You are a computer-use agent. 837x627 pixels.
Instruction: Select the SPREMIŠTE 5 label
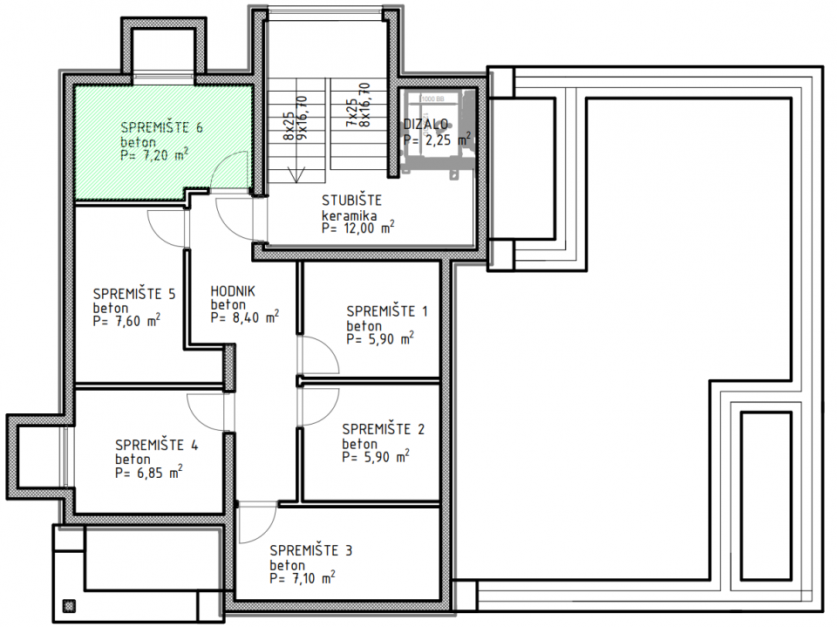pyautogui.click(x=134, y=293)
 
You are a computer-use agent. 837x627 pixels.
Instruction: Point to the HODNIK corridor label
pyautogui.click(x=233, y=291)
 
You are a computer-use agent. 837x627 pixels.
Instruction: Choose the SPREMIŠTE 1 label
pyautogui.click(x=387, y=310)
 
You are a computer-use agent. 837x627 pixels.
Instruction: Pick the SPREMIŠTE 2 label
pyautogui.click(x=384, y=428)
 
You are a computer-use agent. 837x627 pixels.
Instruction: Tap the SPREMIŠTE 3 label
pyautogui.click(x=311, y=550)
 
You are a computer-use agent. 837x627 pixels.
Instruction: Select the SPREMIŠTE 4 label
pyautogui.click(x=156, y=445)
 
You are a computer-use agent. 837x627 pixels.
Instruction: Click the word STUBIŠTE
pyautogui.click(x=350, y=201)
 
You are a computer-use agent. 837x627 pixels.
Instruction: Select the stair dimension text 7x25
pyautogui.click(x=350, y=114)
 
